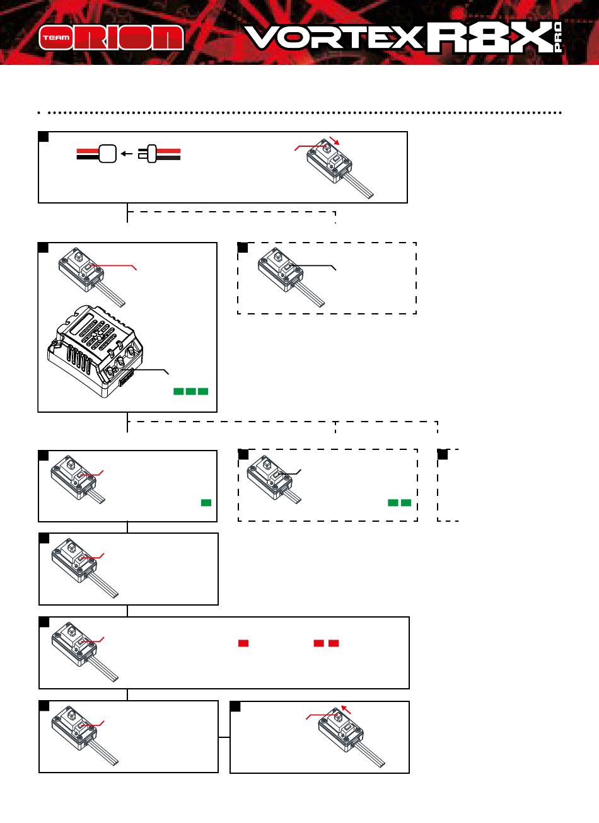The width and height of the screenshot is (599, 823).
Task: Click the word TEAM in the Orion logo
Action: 56,37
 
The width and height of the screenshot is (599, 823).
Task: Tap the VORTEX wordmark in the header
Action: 334,37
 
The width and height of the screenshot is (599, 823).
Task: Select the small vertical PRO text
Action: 558,37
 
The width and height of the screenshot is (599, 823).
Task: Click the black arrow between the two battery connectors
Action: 127,154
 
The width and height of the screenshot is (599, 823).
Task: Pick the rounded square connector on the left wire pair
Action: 108,154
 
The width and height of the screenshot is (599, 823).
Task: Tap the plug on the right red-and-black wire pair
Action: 148,154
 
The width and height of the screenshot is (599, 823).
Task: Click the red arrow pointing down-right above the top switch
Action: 334,141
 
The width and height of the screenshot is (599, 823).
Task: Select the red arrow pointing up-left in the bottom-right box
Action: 346,710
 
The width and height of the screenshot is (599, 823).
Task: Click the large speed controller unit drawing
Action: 95,351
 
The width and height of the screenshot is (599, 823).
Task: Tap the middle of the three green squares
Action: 191,391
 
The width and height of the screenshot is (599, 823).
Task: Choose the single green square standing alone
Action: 206,503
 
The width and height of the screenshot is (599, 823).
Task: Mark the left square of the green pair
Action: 393,503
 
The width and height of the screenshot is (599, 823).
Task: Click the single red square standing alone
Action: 243,643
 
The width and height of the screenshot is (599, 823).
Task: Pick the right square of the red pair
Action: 334,643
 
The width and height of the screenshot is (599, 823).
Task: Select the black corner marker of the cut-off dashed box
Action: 443,454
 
